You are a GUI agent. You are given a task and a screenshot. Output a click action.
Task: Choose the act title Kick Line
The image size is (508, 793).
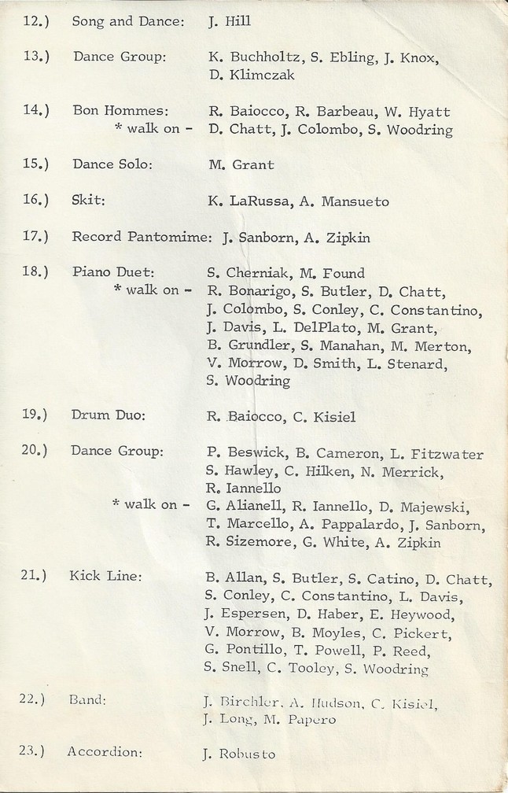106,576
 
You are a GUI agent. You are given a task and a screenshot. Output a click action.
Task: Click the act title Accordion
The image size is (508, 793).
105,752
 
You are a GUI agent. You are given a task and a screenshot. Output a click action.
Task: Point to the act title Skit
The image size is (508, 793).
88,201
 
